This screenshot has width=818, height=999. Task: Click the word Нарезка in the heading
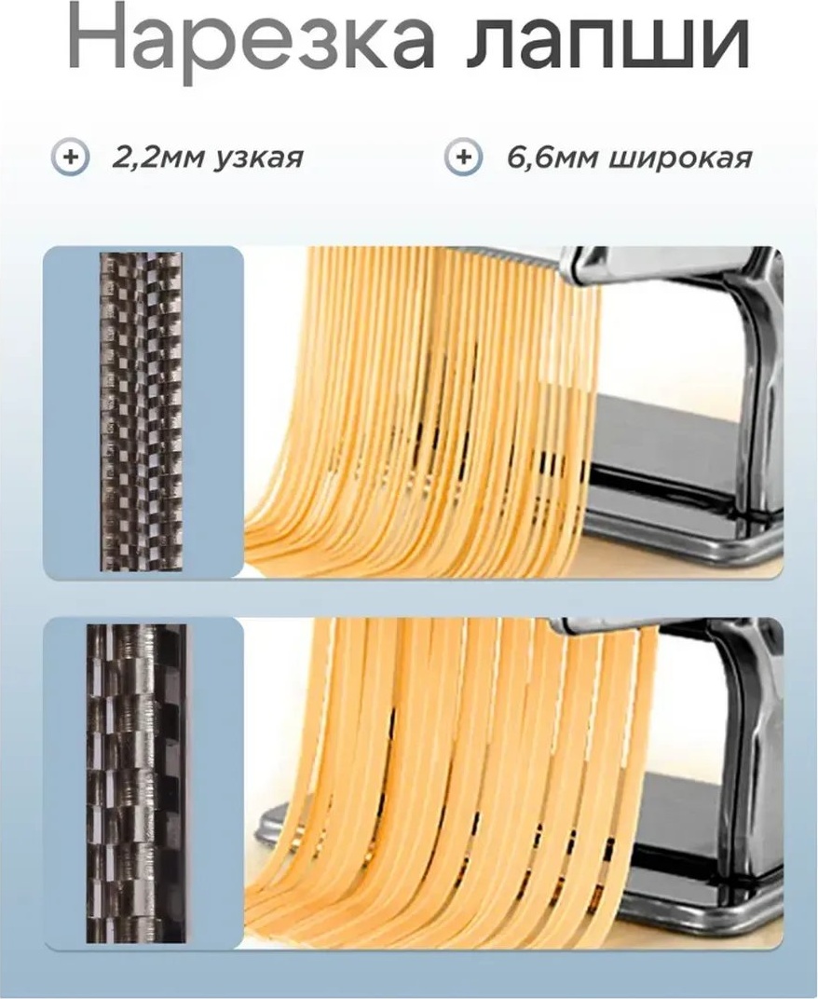[x=251, y=40]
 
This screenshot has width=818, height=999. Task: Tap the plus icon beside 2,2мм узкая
[x=70, y=157]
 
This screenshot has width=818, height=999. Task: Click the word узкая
[x=258, y=159]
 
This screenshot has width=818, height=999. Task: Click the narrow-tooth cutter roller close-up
[x=141, y=411]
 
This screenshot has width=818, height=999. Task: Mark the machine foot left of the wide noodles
[x=275, y=825]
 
